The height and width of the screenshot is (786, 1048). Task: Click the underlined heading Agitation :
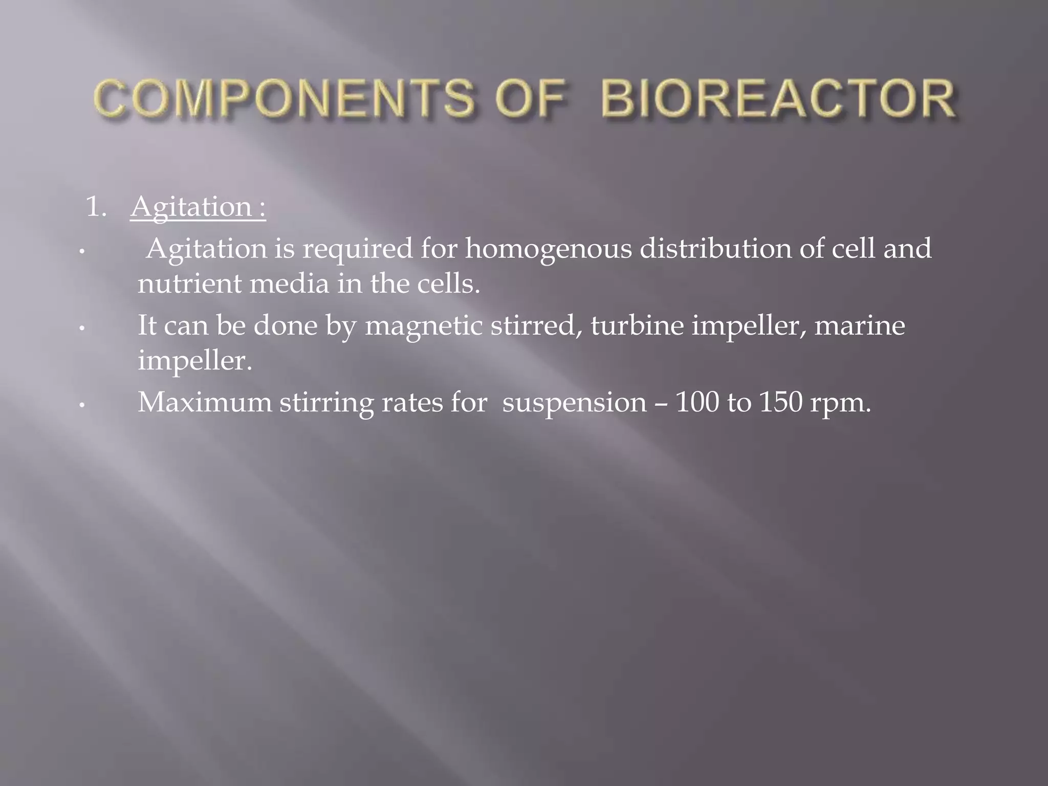198,207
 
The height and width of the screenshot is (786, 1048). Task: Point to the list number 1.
96,207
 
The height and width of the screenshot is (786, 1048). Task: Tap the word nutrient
189,283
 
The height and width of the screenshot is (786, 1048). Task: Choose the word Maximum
205,402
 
